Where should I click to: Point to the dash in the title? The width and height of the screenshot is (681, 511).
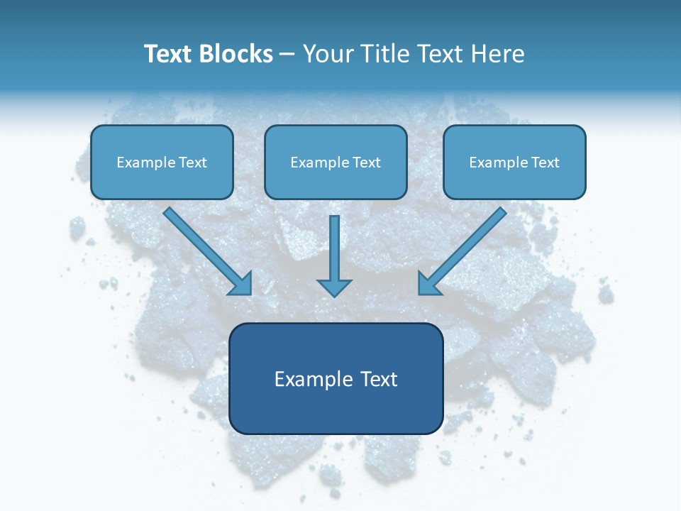[287, 55]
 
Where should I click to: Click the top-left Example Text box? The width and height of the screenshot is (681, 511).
[162, 163]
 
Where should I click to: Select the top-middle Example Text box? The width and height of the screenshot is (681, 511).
[336, 163]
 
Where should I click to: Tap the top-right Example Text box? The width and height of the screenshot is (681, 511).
[514, 163]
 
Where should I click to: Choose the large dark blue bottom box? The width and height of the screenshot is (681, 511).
[336, 379]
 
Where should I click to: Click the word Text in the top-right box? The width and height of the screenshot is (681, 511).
[546, 163]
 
